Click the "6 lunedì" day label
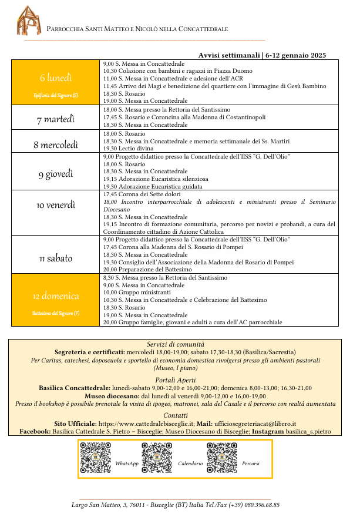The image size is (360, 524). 56,78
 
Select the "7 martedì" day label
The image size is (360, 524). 56,119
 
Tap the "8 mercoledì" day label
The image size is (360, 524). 56,145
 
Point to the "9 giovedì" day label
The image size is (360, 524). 56,173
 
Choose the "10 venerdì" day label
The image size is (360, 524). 56,205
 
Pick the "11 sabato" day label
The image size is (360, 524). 56,258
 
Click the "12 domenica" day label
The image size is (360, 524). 56,296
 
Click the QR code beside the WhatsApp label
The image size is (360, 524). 95,458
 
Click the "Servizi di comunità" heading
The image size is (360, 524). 175,344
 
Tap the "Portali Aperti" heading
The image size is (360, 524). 175,380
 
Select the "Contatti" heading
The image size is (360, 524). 175,415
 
